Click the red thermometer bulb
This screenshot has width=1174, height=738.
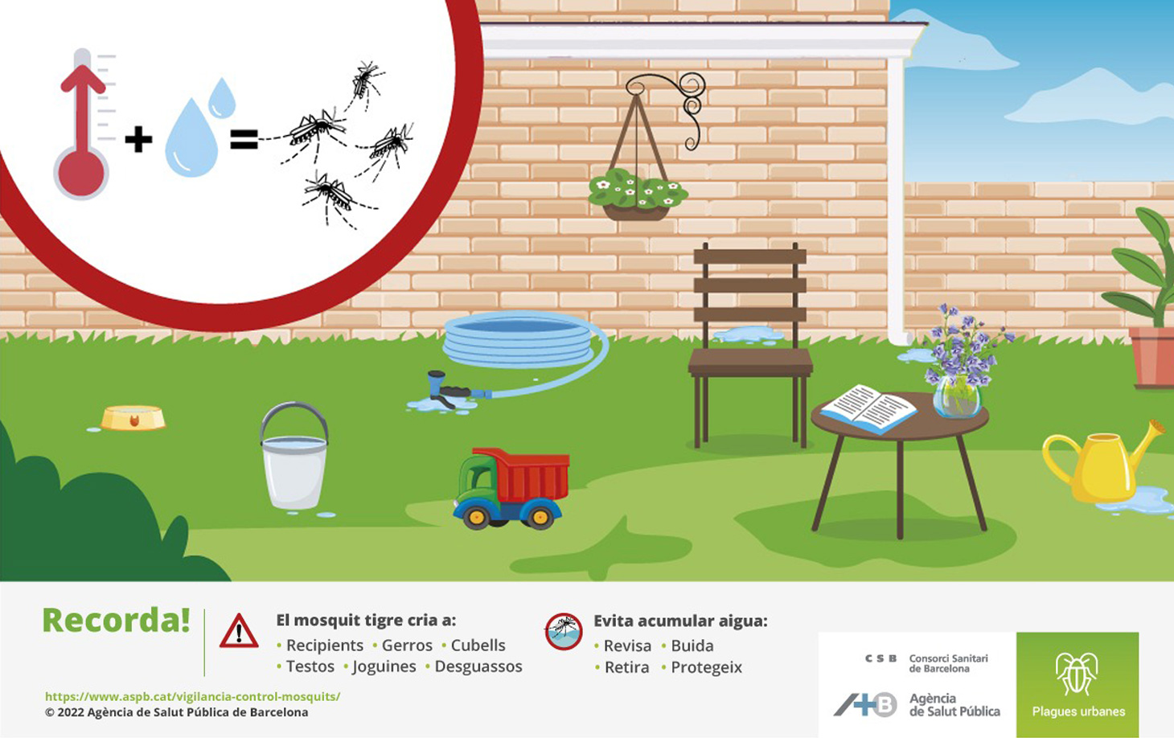pyautogui.click(x=81, y=173)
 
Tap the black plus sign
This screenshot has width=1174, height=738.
pyautogui.click(x=138, y=139)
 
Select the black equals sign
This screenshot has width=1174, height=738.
pyautogui.click(x=244, y=139)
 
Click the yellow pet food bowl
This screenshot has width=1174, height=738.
pyautogui.click(x=133, y=418)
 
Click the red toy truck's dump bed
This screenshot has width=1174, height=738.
pyautogui.click(x=524, y=474)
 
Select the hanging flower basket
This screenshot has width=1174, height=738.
pyautogui.click(x=638, y=194)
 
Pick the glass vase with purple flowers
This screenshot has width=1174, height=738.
pyautogui.click(x=957, y=396)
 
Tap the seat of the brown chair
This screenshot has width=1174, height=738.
pyautogui.click(x=750, y=363)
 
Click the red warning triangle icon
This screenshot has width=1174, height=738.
pyautogui.click(x=239, y=631)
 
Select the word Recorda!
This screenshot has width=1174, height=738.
pyautogui.click(x=116, y=621)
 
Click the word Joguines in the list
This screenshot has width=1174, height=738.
pyautogui.click(x=384, y=666)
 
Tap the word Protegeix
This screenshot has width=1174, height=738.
pyautogui.click(x=707, y=667)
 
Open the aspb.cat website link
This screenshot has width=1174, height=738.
pyautogui.click(x=192, y=696)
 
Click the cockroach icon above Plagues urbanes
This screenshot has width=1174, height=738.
pyautogui.click(x=1077, y=674)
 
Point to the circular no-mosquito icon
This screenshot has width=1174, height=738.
pyautogui.click(x=564, y=632)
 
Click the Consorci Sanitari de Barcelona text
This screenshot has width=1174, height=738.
pyautogui.click(x=949, y=663)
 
